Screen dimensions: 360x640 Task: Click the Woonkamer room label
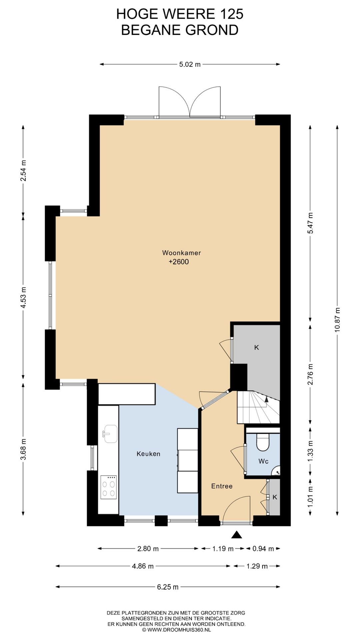pyautogui.click(x=181, y=253)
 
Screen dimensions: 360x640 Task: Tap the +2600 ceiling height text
pyautogui.click(x=179, y=262)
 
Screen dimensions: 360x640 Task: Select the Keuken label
pyautogui.click(x=148, y=454)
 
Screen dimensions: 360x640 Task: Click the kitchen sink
pyautogui.click(x=110, y=434)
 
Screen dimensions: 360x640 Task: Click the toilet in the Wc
pyautogui.click(x=263, y=442)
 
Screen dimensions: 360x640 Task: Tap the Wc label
pyautogui.click(x=263, y=461)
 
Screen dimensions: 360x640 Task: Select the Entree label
pyautogui.click(x=222, y=486)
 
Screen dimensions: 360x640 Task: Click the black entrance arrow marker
pyautogui.click(x=237, y=535)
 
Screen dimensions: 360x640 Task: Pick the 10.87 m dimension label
pyautogui.click(x=338, y=319)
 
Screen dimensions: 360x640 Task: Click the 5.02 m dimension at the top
pyautogui.click(x=190, y=64)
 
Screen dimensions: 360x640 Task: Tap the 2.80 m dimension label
pyautogui.click(x=148, y=549)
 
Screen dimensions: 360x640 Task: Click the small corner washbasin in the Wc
pyautogui.click(x=276, y=471)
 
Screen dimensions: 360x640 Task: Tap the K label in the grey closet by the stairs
pyautogui.click(x=257, y=347)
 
